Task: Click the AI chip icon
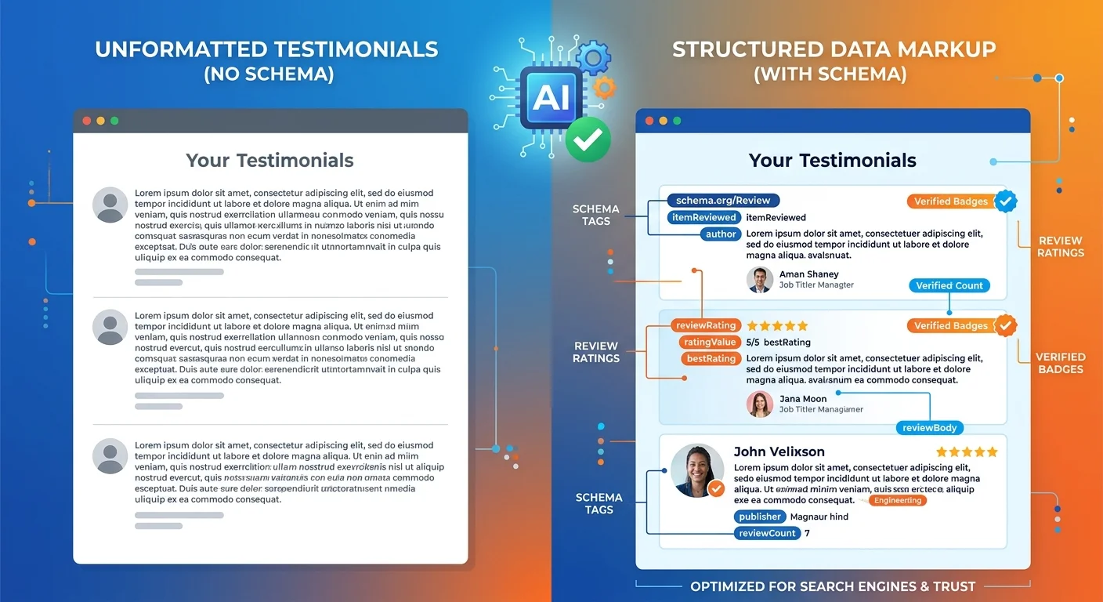pos(551,96)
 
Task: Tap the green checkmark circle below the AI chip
pos(588,140)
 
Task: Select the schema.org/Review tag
pos(722,201)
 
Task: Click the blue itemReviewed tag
pos(703,217)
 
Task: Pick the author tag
pos(721,234)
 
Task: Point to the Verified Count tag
pos(949,285)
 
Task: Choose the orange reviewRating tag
pos(705,325)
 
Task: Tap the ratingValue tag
pos(710,342)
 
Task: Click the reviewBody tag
pos(929,428)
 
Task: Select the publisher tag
pos(760,517)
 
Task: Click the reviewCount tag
pos(767,533)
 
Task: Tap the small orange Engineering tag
pos(898,500)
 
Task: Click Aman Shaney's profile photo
pos(760,280)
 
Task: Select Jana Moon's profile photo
pos(760,404)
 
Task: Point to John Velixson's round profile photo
pos(697,471)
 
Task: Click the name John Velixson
pos(779,451)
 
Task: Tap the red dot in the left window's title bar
pos(86,121)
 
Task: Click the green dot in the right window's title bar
pos(677,121)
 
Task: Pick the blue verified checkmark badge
pos(1006,201)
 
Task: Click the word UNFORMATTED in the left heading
pos(179,49)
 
